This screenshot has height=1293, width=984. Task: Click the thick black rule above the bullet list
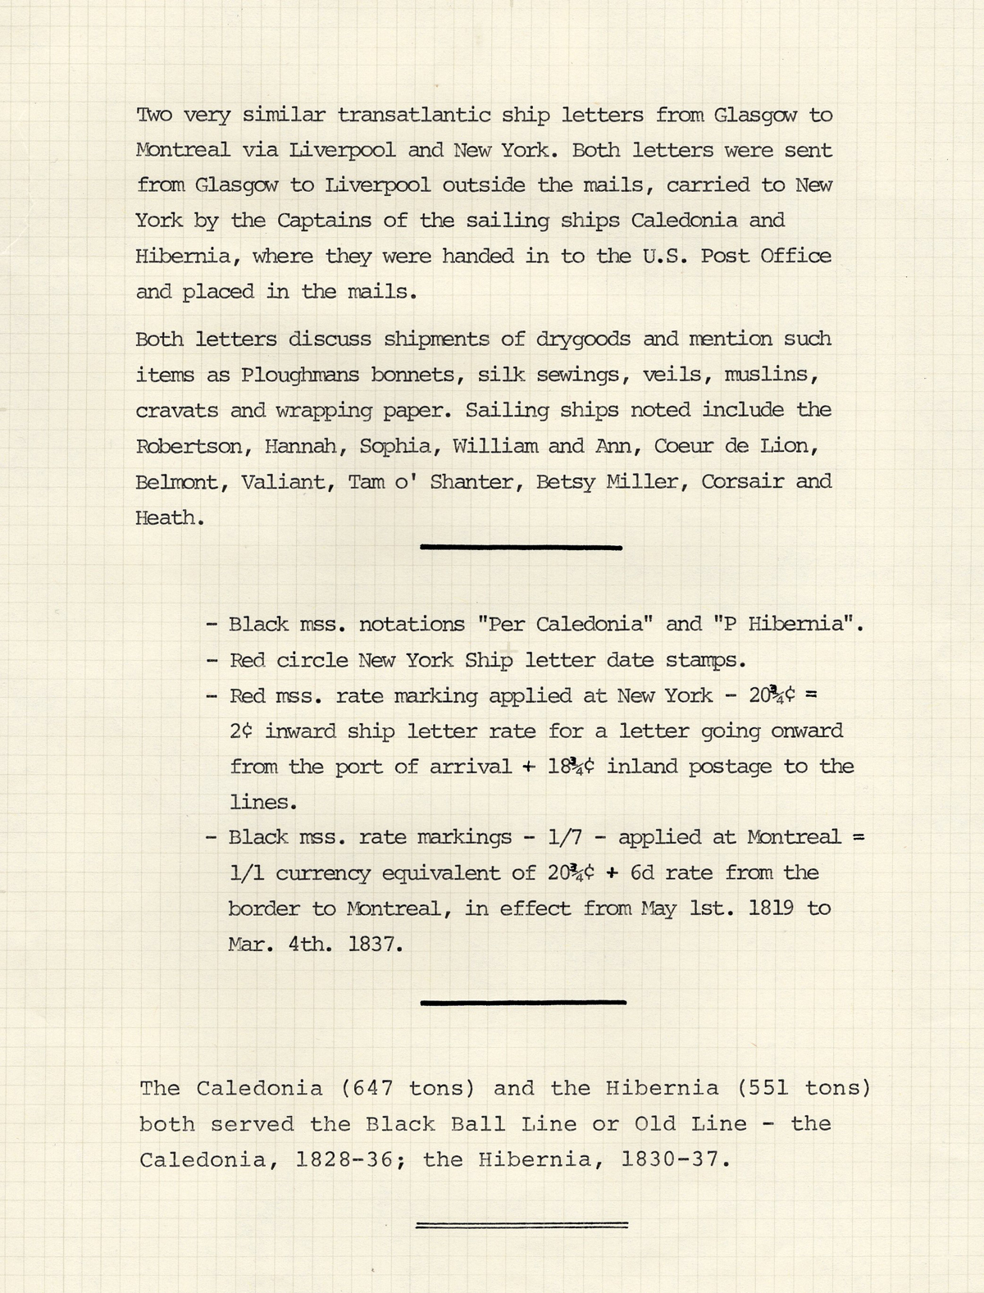tap(521, 546)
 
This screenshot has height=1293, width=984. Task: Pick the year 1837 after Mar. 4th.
tap(375, 944)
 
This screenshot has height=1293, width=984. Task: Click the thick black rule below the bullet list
tap(522, 1002)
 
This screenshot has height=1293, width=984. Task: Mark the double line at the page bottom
tap(522, 1225)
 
